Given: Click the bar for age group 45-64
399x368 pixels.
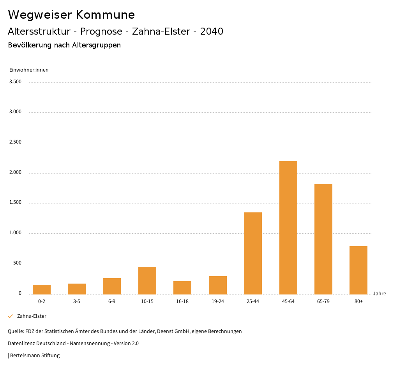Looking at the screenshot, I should pos(288,228).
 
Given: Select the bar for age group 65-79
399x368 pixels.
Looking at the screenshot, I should pos(323,239).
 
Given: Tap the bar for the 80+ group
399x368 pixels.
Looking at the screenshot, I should pos(358,270).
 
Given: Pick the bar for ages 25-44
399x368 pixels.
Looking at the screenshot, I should pos(253,253).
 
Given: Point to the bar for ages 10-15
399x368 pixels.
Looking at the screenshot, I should pos(147,280).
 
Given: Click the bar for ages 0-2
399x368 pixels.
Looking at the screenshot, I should pos(42,289).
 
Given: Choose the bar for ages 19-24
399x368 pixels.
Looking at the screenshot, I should pos(217,285).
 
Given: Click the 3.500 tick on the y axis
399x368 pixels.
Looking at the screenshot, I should pos(15,82).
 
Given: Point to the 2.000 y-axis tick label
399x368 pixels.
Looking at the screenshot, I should pos(15,172).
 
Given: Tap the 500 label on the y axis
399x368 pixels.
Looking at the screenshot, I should pos(17,263).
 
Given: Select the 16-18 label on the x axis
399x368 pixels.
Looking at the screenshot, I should pos(182,301).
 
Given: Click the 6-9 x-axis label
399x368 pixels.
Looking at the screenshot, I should pos(112,301).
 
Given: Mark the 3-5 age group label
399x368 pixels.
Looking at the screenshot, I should pos(77,301).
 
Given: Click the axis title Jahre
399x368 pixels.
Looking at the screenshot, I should pos(379,294).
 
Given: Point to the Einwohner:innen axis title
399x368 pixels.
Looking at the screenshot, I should pos(29,70).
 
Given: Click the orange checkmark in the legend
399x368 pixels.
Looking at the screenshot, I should pos(11,316).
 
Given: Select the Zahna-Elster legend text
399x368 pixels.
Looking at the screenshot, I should pos(32,316).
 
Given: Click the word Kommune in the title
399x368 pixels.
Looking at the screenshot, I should pos(105,15).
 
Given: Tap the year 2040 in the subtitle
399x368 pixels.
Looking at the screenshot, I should pos(212,32).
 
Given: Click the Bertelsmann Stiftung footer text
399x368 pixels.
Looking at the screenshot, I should pos(35,356).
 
